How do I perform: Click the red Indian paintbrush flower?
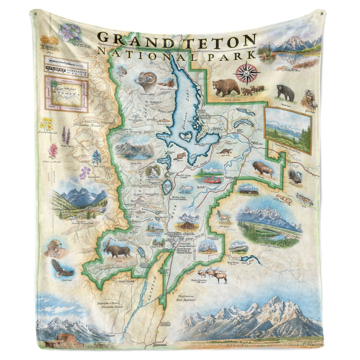(x=53, y=151)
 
